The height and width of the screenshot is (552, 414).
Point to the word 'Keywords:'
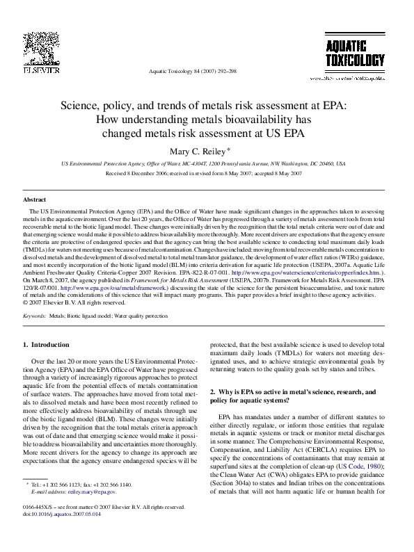click(x=34, y=316)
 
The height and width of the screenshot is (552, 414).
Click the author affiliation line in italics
click(x=202, y=163)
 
